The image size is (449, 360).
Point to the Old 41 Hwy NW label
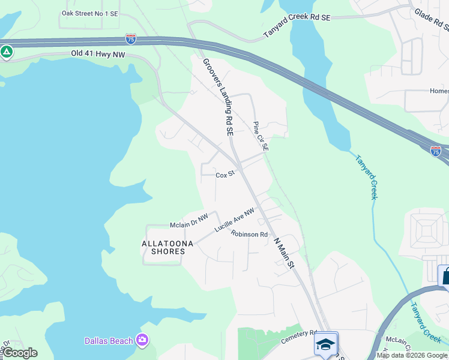98,53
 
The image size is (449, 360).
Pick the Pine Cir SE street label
260,136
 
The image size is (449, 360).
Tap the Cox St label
224,175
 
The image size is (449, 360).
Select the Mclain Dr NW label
188,224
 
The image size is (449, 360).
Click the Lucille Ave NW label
235,220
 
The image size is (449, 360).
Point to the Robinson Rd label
249,234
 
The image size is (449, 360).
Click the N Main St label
285,251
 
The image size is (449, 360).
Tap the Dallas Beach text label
108,341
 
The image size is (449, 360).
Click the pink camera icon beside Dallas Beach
142,340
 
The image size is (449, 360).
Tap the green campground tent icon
7,52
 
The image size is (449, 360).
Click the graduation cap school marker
325,344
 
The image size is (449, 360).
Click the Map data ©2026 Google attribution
412,355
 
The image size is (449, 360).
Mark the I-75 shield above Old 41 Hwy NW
131,38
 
